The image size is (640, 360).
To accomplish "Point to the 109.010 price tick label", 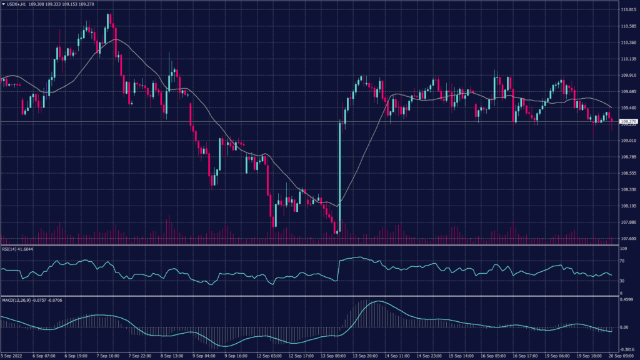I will pyautogui.click(x=628, y=141).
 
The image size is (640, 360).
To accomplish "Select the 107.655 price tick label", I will pyautogui.click(x=628, y=238).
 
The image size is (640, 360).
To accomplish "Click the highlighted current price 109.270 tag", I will pyautogui.click(x=628, y=121).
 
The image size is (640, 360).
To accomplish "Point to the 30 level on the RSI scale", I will pyautogui.click(x=622, y=281).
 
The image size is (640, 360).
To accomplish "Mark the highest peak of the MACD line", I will pyautogui.click(x=377, y=302).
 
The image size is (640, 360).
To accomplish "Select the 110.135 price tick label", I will pyautogui.click(x=628, y=59).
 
